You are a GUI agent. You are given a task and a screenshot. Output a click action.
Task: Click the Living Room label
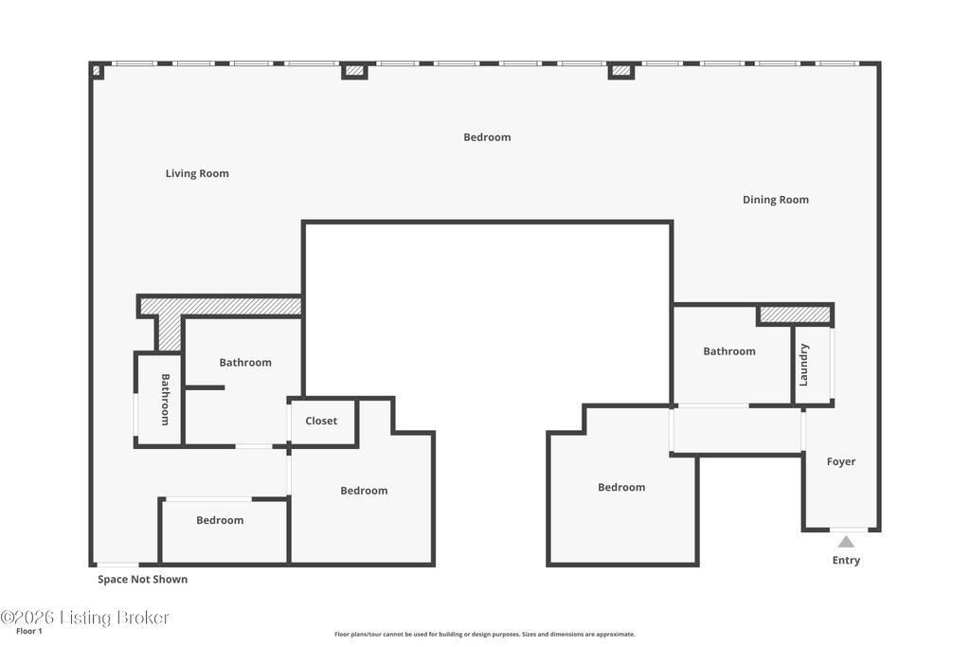(x=197, y=173)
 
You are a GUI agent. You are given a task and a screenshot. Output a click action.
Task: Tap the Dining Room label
(x=775, y=200)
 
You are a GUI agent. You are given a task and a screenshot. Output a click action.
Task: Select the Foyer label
(x=841, y=461)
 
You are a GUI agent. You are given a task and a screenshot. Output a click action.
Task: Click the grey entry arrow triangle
(x=846, y=542)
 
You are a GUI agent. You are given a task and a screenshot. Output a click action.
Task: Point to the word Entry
(x=846, y=560)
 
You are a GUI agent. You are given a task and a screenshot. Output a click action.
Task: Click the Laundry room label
(x=803, y=365)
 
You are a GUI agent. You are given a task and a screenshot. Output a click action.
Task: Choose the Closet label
(x=321, y=421)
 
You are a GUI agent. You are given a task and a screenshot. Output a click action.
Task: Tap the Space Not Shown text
(x=142, y=580)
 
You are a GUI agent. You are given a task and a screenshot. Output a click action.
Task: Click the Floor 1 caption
(x=29, y=631)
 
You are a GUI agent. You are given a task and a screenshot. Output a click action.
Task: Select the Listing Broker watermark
(x=84, y=618)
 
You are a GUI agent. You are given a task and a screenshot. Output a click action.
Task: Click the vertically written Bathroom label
(x=165, y=399)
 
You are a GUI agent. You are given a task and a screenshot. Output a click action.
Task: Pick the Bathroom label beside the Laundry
(x=728, y=351)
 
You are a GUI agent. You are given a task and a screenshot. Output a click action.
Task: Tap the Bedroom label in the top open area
(x=487, y=137)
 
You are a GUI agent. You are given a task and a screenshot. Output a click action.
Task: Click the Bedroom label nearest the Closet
(x=364, y=491)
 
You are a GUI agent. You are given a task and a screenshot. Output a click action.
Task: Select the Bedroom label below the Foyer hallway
(x=621, y=488)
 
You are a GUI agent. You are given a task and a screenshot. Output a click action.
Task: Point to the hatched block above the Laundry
(x=795, y=315)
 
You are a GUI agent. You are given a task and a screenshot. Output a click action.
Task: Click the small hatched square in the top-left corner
(x=97, y=71)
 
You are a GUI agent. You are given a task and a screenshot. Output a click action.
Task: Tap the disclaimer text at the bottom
(x=484, y=634)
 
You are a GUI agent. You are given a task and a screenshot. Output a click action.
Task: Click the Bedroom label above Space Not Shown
(x=220, y=520)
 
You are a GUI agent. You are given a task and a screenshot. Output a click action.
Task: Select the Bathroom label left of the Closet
(x=245, y=363)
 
